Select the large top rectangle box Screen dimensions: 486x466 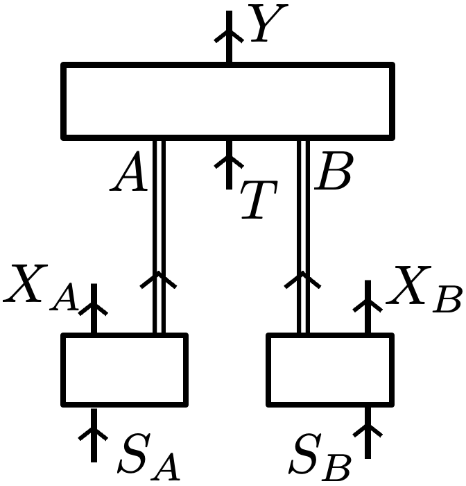228,101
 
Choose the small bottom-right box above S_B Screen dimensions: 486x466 331,369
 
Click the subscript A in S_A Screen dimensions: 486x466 166,468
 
